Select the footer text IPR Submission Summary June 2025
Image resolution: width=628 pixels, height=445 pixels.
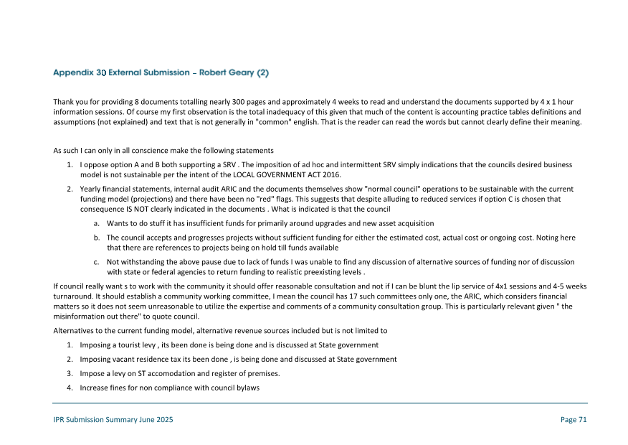coord(113,420)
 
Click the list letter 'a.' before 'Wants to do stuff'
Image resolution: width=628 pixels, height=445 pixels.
coord(96,224)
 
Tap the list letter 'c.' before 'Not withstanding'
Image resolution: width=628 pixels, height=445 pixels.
coord(96,262)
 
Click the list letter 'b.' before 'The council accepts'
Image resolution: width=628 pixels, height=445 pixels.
coord(96,237)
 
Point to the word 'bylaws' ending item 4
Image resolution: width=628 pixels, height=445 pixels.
coord(246,388)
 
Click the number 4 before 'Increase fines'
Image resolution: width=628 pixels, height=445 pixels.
coord(69,388)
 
